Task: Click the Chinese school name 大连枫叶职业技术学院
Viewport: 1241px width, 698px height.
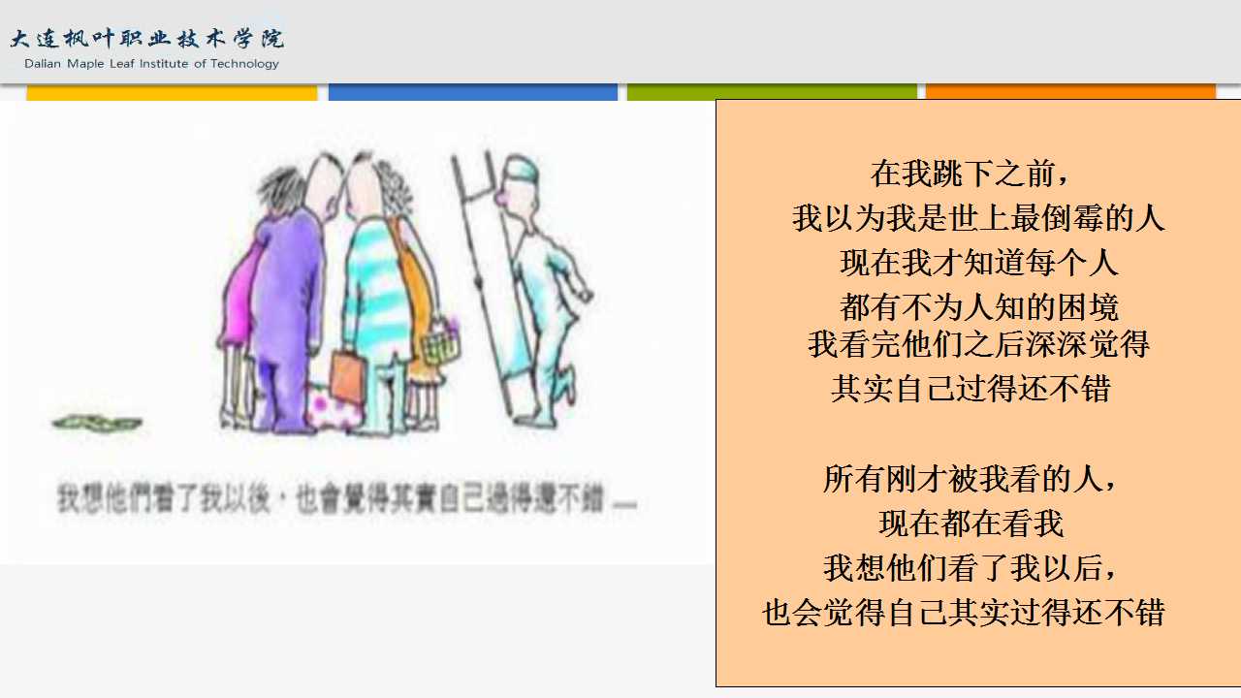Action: click(x=146, y=38)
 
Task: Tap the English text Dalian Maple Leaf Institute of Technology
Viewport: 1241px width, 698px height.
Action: click(x=151, y=64)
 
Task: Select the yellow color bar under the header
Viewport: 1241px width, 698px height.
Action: click(x=172, y=92)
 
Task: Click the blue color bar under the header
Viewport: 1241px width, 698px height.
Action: click(x=472, y=92)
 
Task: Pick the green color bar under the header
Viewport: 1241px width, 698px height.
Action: click(x=772, y=92)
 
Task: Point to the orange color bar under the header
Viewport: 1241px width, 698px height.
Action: click(x=1070, y=91)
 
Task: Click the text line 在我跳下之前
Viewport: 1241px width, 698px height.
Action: click(x=969, y=174)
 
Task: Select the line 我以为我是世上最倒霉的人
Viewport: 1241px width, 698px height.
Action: click(x=978, y=218)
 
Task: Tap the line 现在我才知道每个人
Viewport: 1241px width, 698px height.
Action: click(x=979, y=263)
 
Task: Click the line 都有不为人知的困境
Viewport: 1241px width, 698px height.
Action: click(x=979, y=307)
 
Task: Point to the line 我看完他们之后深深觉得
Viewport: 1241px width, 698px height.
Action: click(x=978, y=344)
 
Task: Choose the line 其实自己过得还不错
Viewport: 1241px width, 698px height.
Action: click(x=971, y=389)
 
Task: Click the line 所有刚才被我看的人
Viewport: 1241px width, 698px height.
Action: click(x=970, y=479)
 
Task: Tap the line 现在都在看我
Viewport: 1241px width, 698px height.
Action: click(x=971, y=523)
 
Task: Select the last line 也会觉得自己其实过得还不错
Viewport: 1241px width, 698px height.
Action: click(x=963, y=612)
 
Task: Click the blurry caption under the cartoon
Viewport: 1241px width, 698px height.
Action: click(x=346, y=498)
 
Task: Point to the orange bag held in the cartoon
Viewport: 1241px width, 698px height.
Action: click(x=348, y=374)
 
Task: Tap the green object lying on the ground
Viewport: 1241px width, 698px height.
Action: click(x=97, y=424)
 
